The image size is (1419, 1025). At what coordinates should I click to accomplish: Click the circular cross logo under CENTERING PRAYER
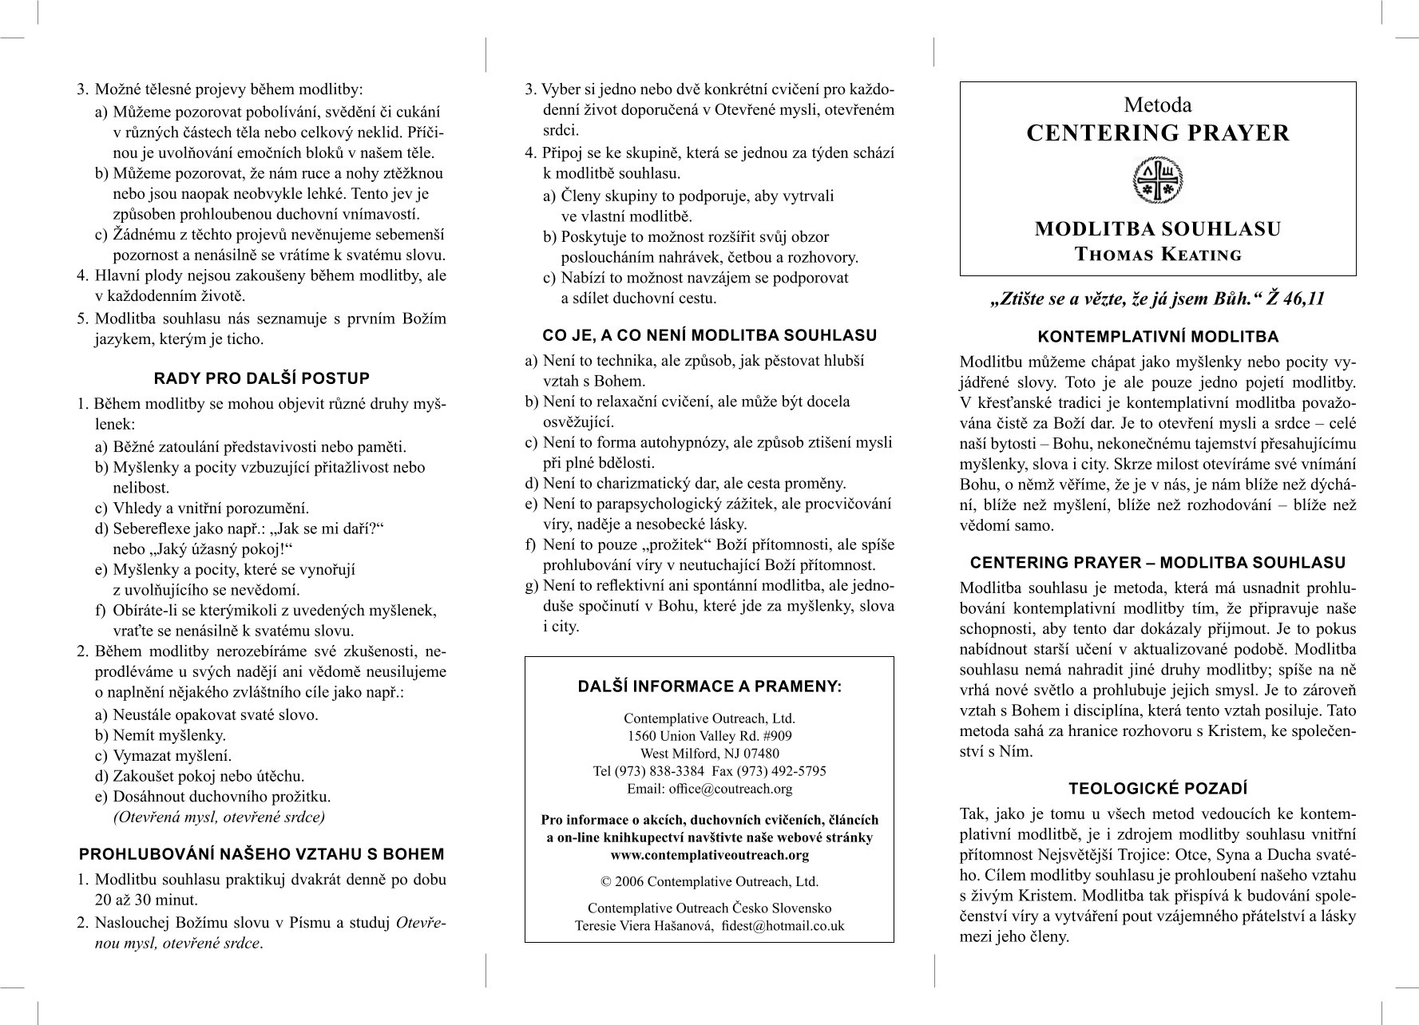[1158, 180]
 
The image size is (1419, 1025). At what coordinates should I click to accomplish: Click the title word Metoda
[1158, 105]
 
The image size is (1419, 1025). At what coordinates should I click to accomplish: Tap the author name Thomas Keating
[1158, 255]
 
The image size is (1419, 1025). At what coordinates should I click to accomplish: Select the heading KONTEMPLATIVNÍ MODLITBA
[1158, 337]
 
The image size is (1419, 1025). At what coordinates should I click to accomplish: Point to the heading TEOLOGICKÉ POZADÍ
[1158, 789]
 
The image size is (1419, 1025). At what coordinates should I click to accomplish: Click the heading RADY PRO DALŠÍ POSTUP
[262, 378]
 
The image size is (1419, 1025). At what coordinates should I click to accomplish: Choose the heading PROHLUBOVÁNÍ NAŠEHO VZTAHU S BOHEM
[262, 854]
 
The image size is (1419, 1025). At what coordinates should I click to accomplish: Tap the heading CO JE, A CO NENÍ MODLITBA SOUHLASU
[709, 335]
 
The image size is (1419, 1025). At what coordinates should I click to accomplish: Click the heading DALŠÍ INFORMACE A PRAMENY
[709, 687]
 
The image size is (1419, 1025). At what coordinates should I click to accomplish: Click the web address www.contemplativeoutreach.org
[709, 855]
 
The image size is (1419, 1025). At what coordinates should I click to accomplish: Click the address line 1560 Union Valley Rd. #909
[709, 736]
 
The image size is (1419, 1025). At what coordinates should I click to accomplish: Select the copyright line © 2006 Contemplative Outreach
[709, 882]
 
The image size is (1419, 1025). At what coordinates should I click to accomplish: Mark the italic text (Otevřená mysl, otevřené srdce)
[219, 817]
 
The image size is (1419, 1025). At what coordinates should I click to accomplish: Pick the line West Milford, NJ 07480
[709, 754]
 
